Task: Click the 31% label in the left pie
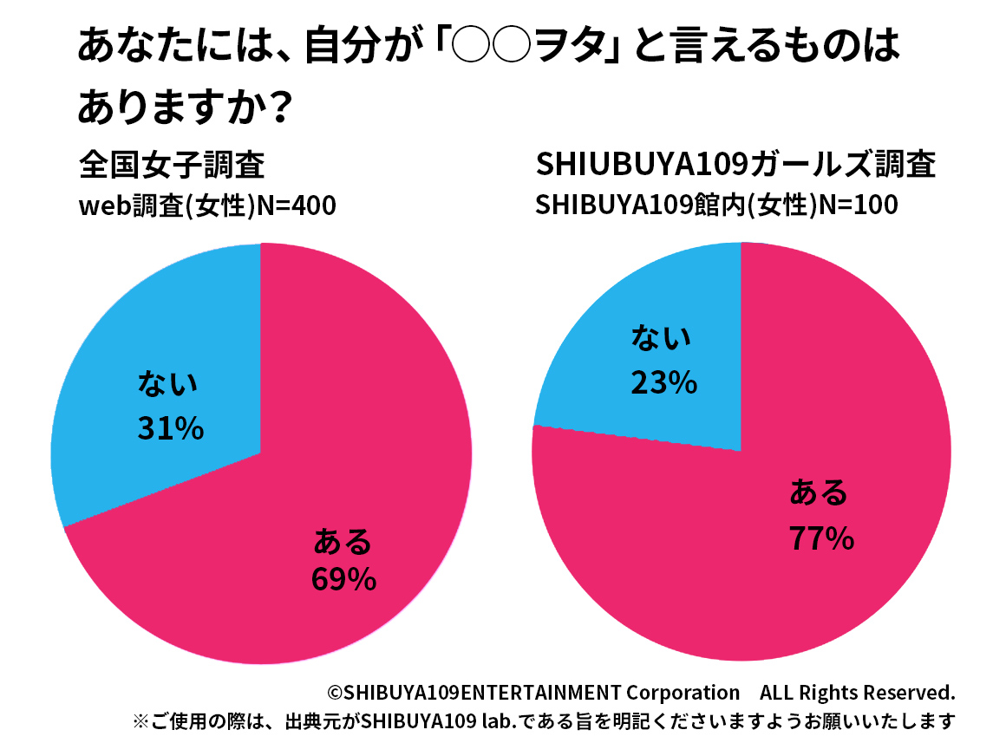click(170, 427)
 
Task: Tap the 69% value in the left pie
click(343, 579)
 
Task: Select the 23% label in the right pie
click(663, 382)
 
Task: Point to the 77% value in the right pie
click(821, 539)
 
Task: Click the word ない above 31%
click(168, 384)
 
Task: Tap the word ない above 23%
click(663, 338)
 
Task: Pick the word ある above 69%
click(343, 542)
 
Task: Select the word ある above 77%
click(819, 493)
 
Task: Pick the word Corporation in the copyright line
click(683, 694)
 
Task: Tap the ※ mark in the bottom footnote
click(140, 722)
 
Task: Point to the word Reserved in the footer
click(914, 694)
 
